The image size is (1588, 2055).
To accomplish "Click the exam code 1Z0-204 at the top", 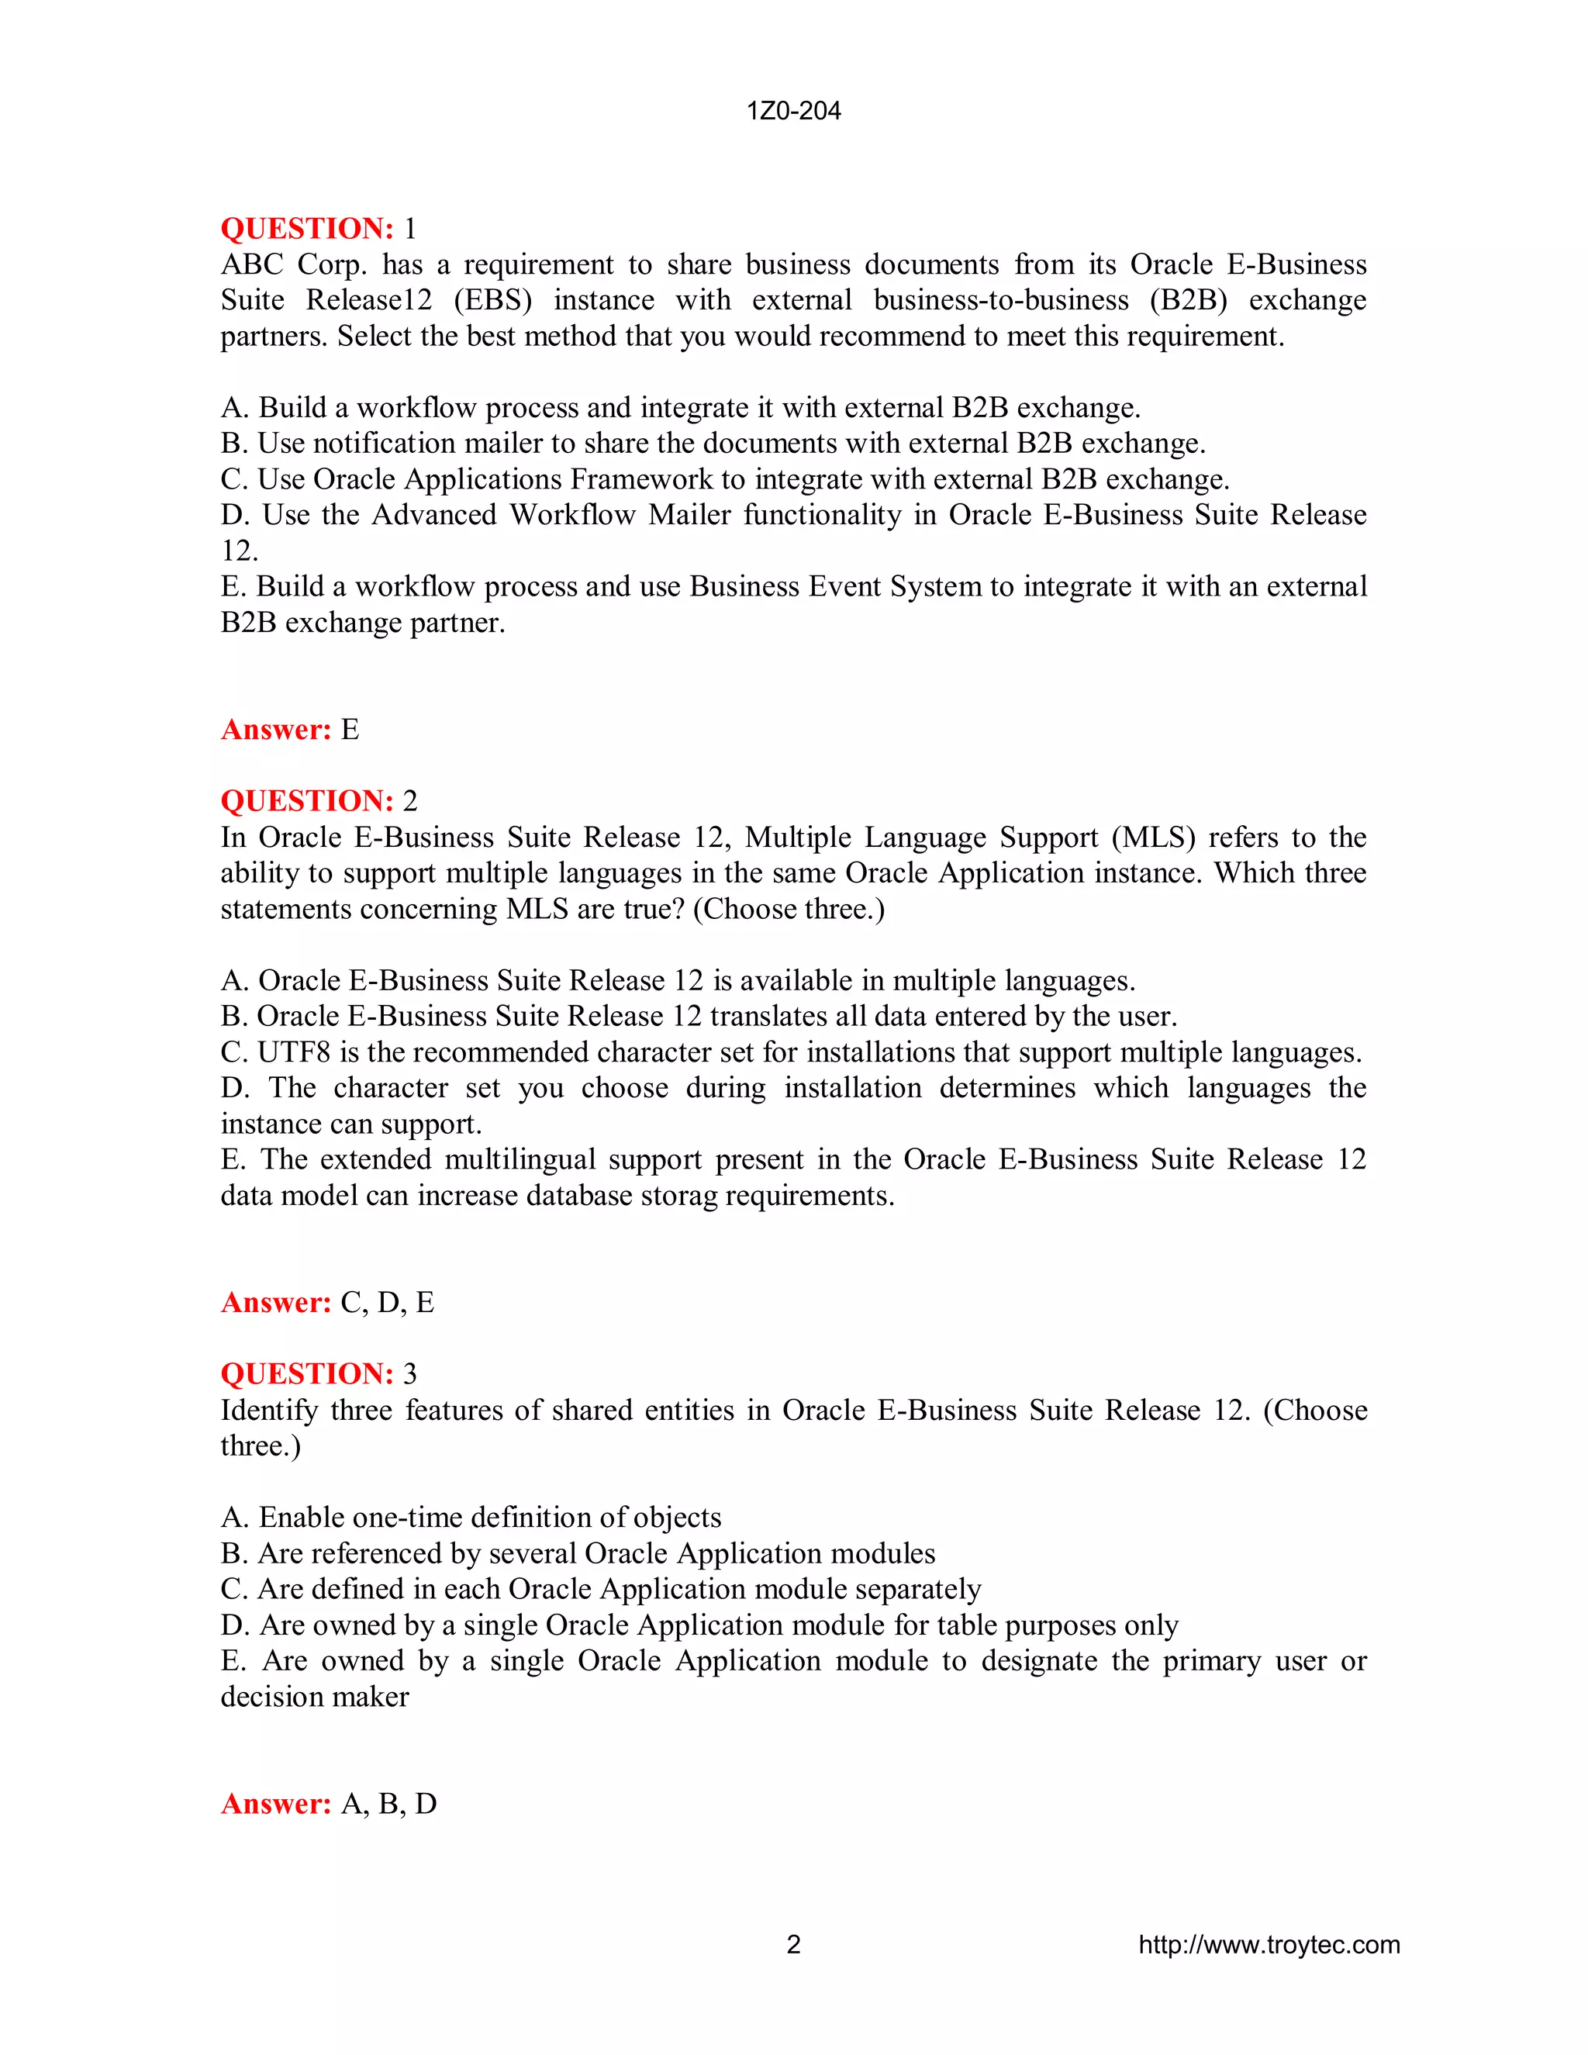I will click(793, 111).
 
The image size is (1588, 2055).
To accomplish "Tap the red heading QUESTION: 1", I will click(317, 229).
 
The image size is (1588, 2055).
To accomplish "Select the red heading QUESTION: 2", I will click(317, 801).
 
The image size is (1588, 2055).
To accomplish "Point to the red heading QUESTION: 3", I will click(317, 1374).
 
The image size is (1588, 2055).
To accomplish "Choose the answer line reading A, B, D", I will click(388, 1804).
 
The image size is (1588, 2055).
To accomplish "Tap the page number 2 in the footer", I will click(793, 1945).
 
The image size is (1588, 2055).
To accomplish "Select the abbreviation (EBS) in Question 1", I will click(493, 300).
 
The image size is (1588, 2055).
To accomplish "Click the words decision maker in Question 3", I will click(314, 1697).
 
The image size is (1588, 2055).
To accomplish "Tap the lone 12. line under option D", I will click(239, 551).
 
